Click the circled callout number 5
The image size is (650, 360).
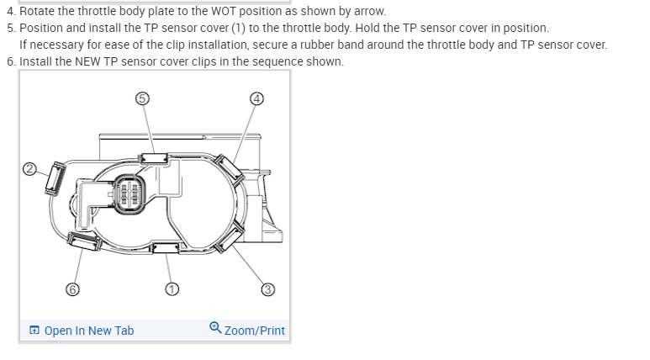[x=142, y=98]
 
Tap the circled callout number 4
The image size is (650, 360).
[x=257, y=98]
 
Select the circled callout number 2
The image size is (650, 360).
[x=29, y=168]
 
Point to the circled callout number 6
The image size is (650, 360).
[x=73, y=289]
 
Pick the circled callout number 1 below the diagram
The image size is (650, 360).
[x=172, y=289]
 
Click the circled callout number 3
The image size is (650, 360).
[x=268, y=289]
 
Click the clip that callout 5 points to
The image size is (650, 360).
[x=153, y=157]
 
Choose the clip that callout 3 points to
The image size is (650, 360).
[x=227, y=240]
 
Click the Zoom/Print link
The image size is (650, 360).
[x=254, y=331]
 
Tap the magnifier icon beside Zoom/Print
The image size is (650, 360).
[x=215, y=329]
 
